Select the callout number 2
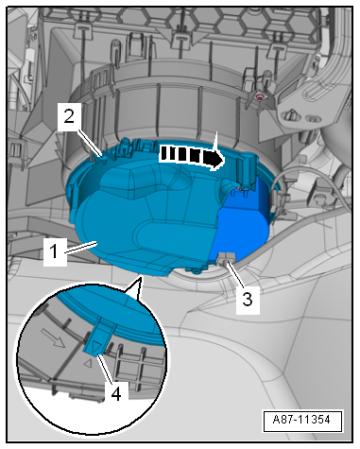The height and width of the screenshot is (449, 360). point(69,117)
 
